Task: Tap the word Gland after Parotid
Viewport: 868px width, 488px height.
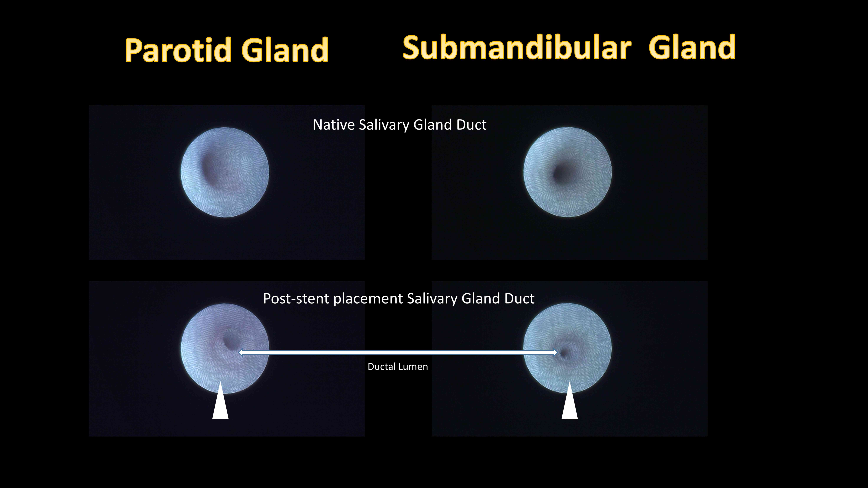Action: [x=285, y=50]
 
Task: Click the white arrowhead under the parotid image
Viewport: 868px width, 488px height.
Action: [x=220, y=402]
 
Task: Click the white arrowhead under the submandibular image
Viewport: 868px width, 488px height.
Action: [x=569, y=402]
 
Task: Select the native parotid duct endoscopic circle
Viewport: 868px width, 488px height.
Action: [x=225, y=172]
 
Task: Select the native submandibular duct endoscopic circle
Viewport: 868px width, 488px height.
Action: [x=567, y=172]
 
